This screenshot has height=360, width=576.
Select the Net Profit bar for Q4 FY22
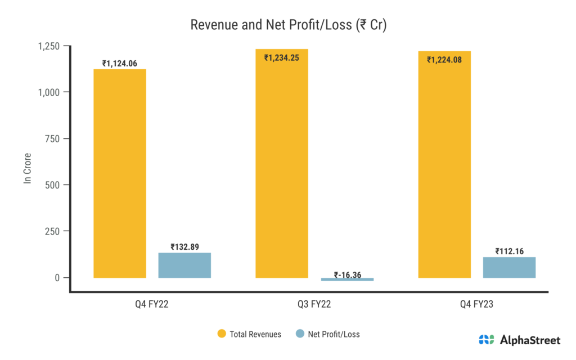point(184,265)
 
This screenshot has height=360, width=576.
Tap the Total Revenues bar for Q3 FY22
point(282,163)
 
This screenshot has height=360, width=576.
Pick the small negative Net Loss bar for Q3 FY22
point(347,279)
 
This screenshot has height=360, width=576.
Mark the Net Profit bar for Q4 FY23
point(509,267)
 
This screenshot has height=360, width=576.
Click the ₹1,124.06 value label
point(120,64)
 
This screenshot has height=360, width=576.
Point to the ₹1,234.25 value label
point(282,57)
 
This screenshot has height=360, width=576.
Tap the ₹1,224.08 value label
point(444,59)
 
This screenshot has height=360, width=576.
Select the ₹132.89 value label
point(184,247)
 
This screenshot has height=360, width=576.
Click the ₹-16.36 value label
point(347,275)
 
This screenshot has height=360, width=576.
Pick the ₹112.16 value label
point(509,251)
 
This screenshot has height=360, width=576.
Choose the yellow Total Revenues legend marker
point(222,334)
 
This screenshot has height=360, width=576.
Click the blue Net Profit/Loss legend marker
point(300,334)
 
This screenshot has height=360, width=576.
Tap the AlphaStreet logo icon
point(486,340)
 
